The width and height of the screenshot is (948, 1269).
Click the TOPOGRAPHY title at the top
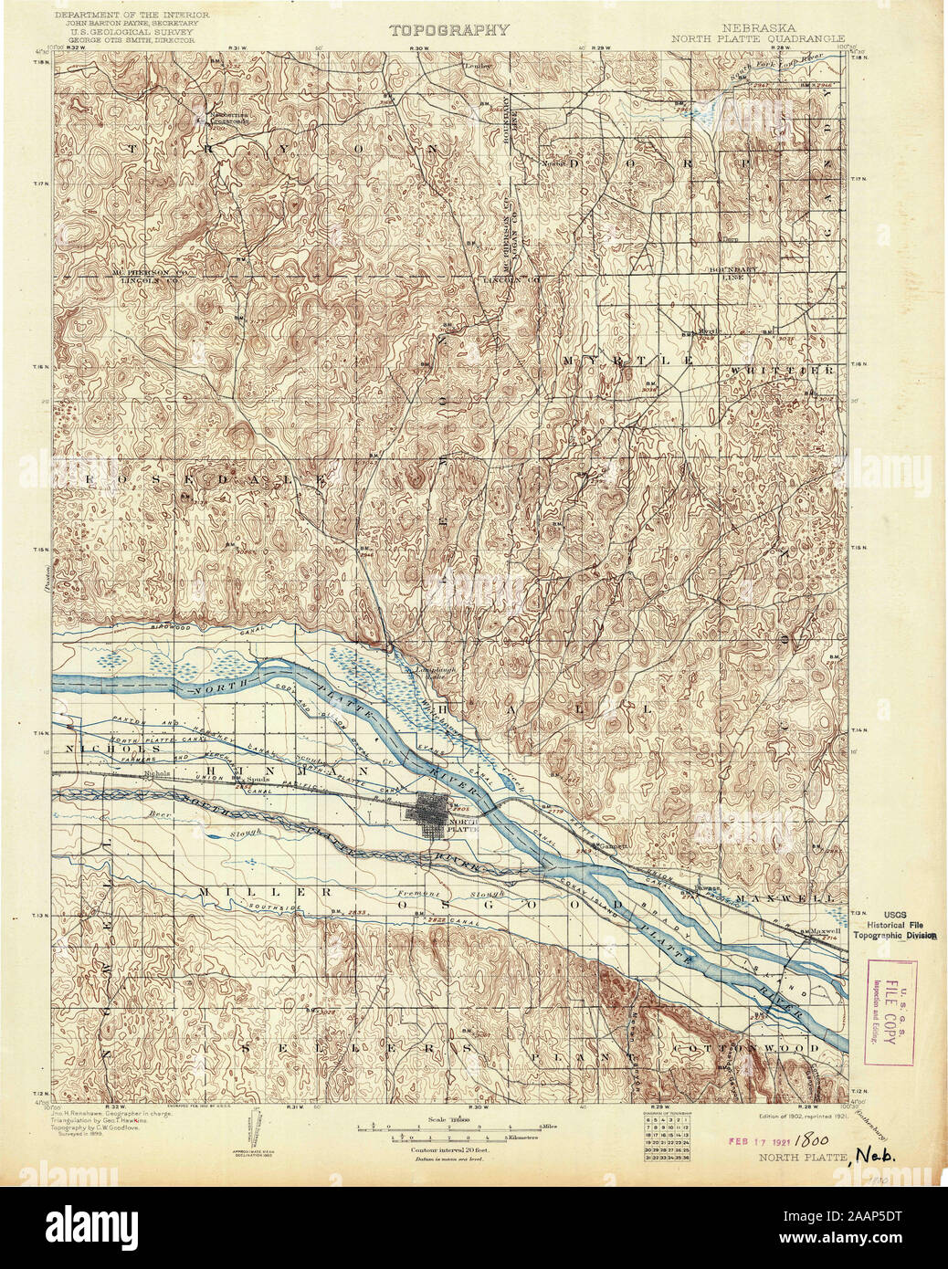point(449,30)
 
